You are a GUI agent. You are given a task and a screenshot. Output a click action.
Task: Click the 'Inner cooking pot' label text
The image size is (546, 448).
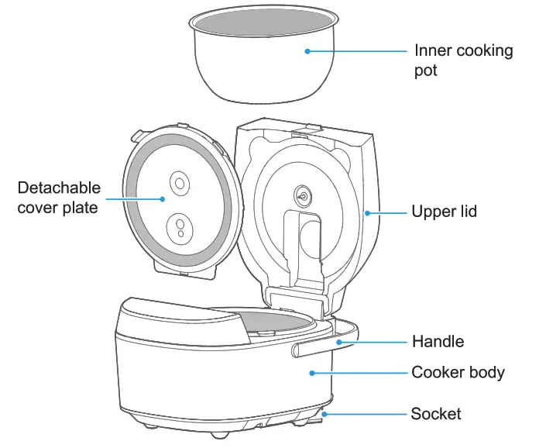pos(463,60)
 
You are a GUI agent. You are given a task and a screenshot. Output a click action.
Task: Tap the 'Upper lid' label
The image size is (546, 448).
pos(444,212)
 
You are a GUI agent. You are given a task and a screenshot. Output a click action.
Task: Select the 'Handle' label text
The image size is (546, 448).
pos(438,342)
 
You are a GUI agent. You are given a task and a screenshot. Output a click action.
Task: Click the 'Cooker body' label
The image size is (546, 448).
pos(458,373)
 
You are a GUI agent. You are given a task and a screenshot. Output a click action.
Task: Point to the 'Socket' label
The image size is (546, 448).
pos(436,414)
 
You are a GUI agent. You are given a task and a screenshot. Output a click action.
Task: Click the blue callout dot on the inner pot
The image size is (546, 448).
pos(307,51)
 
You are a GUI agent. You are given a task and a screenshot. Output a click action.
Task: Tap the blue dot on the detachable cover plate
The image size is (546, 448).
pos(163,198)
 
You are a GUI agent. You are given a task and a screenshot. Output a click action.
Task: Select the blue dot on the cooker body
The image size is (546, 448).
pos(312,373)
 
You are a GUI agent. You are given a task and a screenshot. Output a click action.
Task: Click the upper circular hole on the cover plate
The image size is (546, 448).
pos(180,184)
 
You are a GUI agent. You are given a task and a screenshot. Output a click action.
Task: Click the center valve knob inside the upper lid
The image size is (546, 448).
pos(300,195)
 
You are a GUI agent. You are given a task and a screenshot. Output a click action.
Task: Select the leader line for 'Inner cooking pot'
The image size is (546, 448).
pos(356,51)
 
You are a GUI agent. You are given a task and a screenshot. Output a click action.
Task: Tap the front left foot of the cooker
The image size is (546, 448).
pos(146,426)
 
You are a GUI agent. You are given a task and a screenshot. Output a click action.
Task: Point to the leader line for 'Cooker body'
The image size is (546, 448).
pos(360,373)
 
